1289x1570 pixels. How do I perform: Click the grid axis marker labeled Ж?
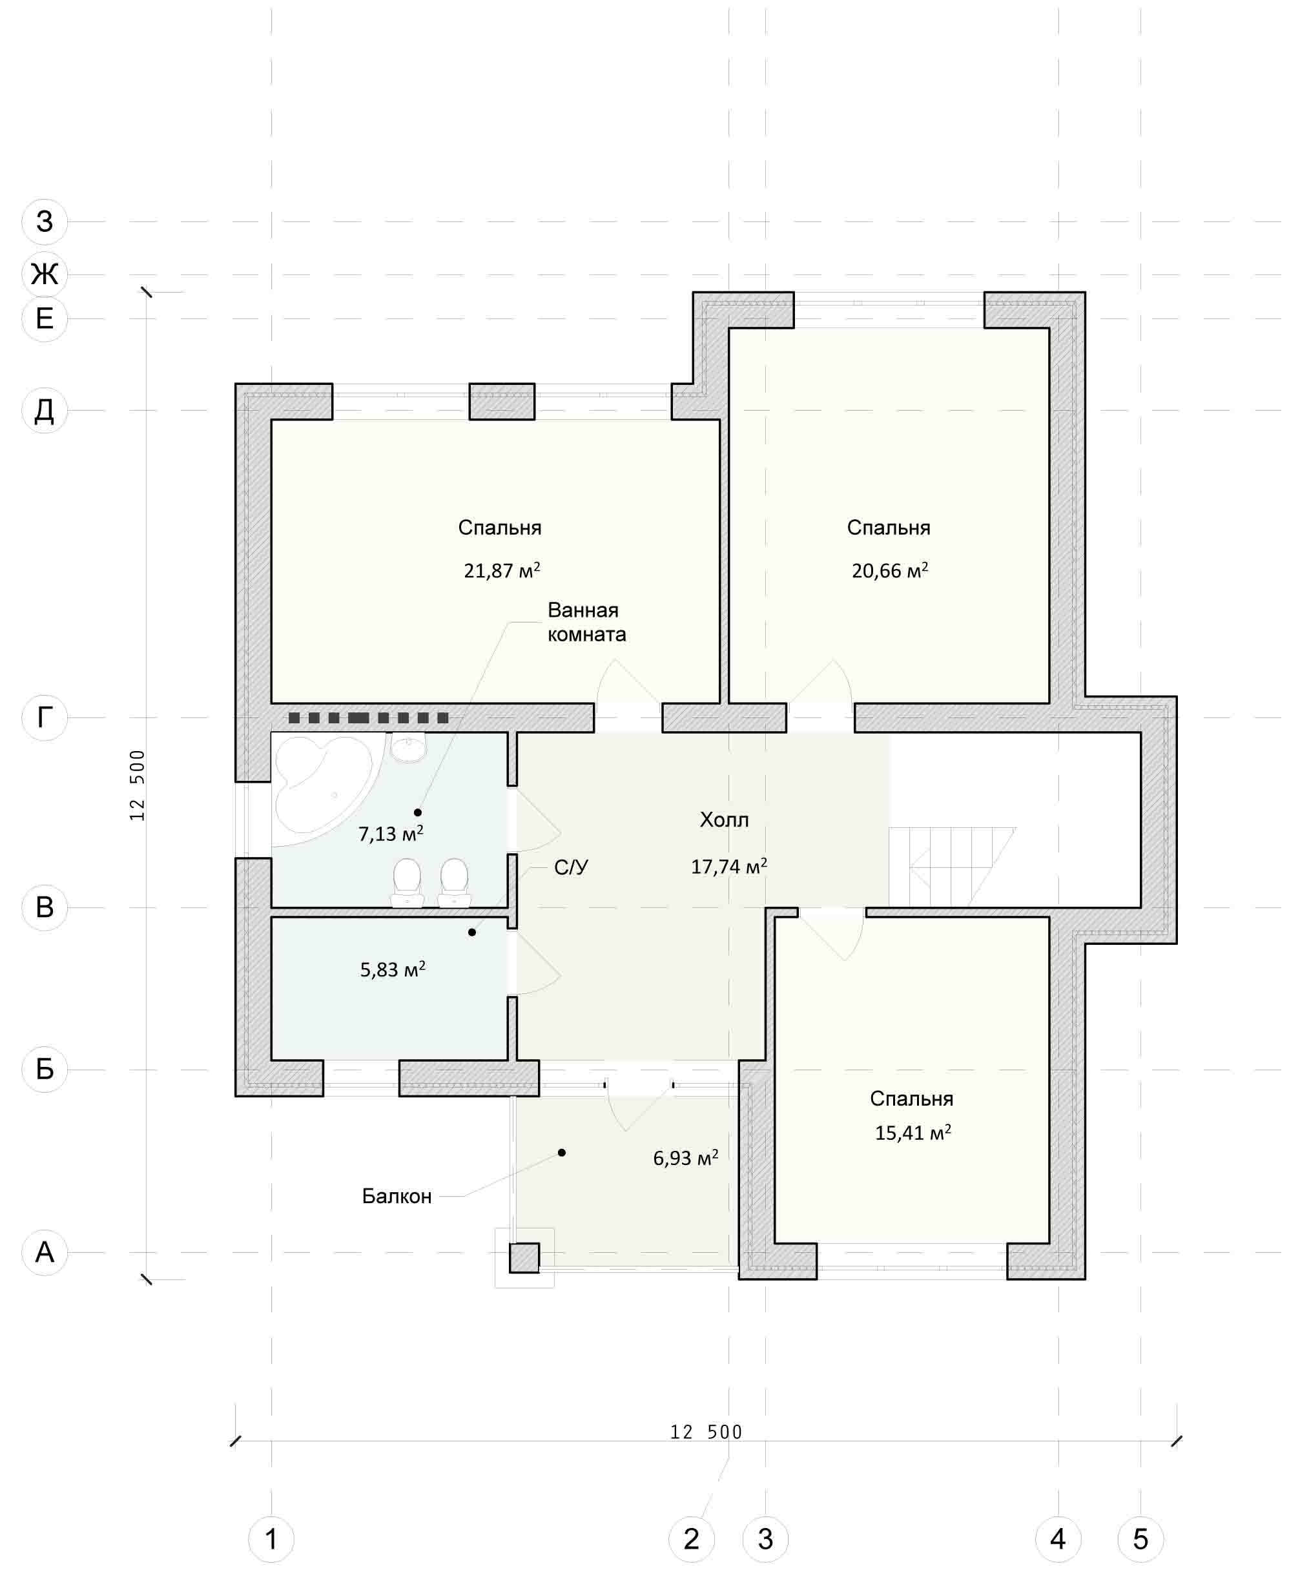tap(45, 274)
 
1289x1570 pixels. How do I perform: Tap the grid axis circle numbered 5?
tap(1140, 1539)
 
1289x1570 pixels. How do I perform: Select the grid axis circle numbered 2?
tap(691, 1539)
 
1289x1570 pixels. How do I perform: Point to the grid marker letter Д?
tap(45, 410)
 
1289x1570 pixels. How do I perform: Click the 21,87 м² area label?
tap(502, 570)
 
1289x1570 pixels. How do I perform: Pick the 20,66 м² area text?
tap(889, 570)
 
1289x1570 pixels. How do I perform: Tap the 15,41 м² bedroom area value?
tap(913, 1133)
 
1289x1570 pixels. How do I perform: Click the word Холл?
tap(724, 820)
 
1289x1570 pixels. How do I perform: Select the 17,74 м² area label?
tap(728, 867)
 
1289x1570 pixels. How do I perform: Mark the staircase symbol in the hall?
tap(952, 867)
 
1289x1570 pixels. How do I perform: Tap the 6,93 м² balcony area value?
tap(685, 1159)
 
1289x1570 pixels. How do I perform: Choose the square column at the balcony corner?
tap(524, 1258)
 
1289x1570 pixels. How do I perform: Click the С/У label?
tap(571, 867)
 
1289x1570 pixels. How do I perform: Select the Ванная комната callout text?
tap(586, 623)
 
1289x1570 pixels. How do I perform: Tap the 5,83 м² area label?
tap(392, 970)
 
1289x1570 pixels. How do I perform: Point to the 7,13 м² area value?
tap(391, 834)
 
